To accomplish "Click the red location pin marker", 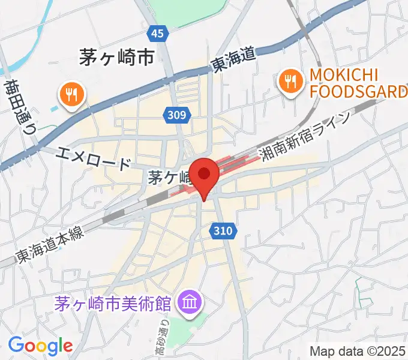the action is [x=205, y=175].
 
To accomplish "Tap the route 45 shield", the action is [x=157, y=34].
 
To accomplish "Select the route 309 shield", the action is [x=178, y=114].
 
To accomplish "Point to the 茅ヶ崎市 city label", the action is [x=117, y=57].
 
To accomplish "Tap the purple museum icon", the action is [x=190, y=301].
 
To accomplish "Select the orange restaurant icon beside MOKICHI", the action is [x=290, y=82].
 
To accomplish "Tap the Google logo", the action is [x=40, y=345].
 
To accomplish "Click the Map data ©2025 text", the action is [x=358, y=350].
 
